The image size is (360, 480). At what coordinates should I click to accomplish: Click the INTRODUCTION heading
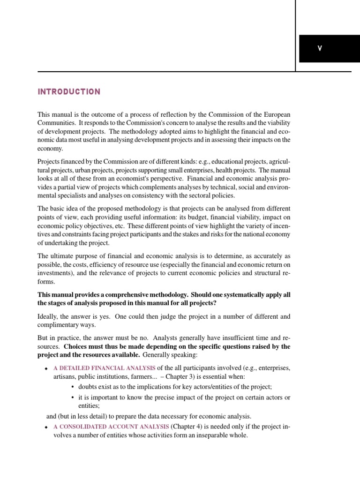[x=69, y=92]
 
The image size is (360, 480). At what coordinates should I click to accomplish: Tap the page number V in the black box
[x=320, y=49]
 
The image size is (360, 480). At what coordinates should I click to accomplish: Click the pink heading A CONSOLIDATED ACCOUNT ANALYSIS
[x=111, y=427]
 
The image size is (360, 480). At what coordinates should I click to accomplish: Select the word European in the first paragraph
[x=276, y=114]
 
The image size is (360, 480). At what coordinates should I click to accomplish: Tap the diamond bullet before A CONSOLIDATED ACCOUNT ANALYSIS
[x=46, y=427]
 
